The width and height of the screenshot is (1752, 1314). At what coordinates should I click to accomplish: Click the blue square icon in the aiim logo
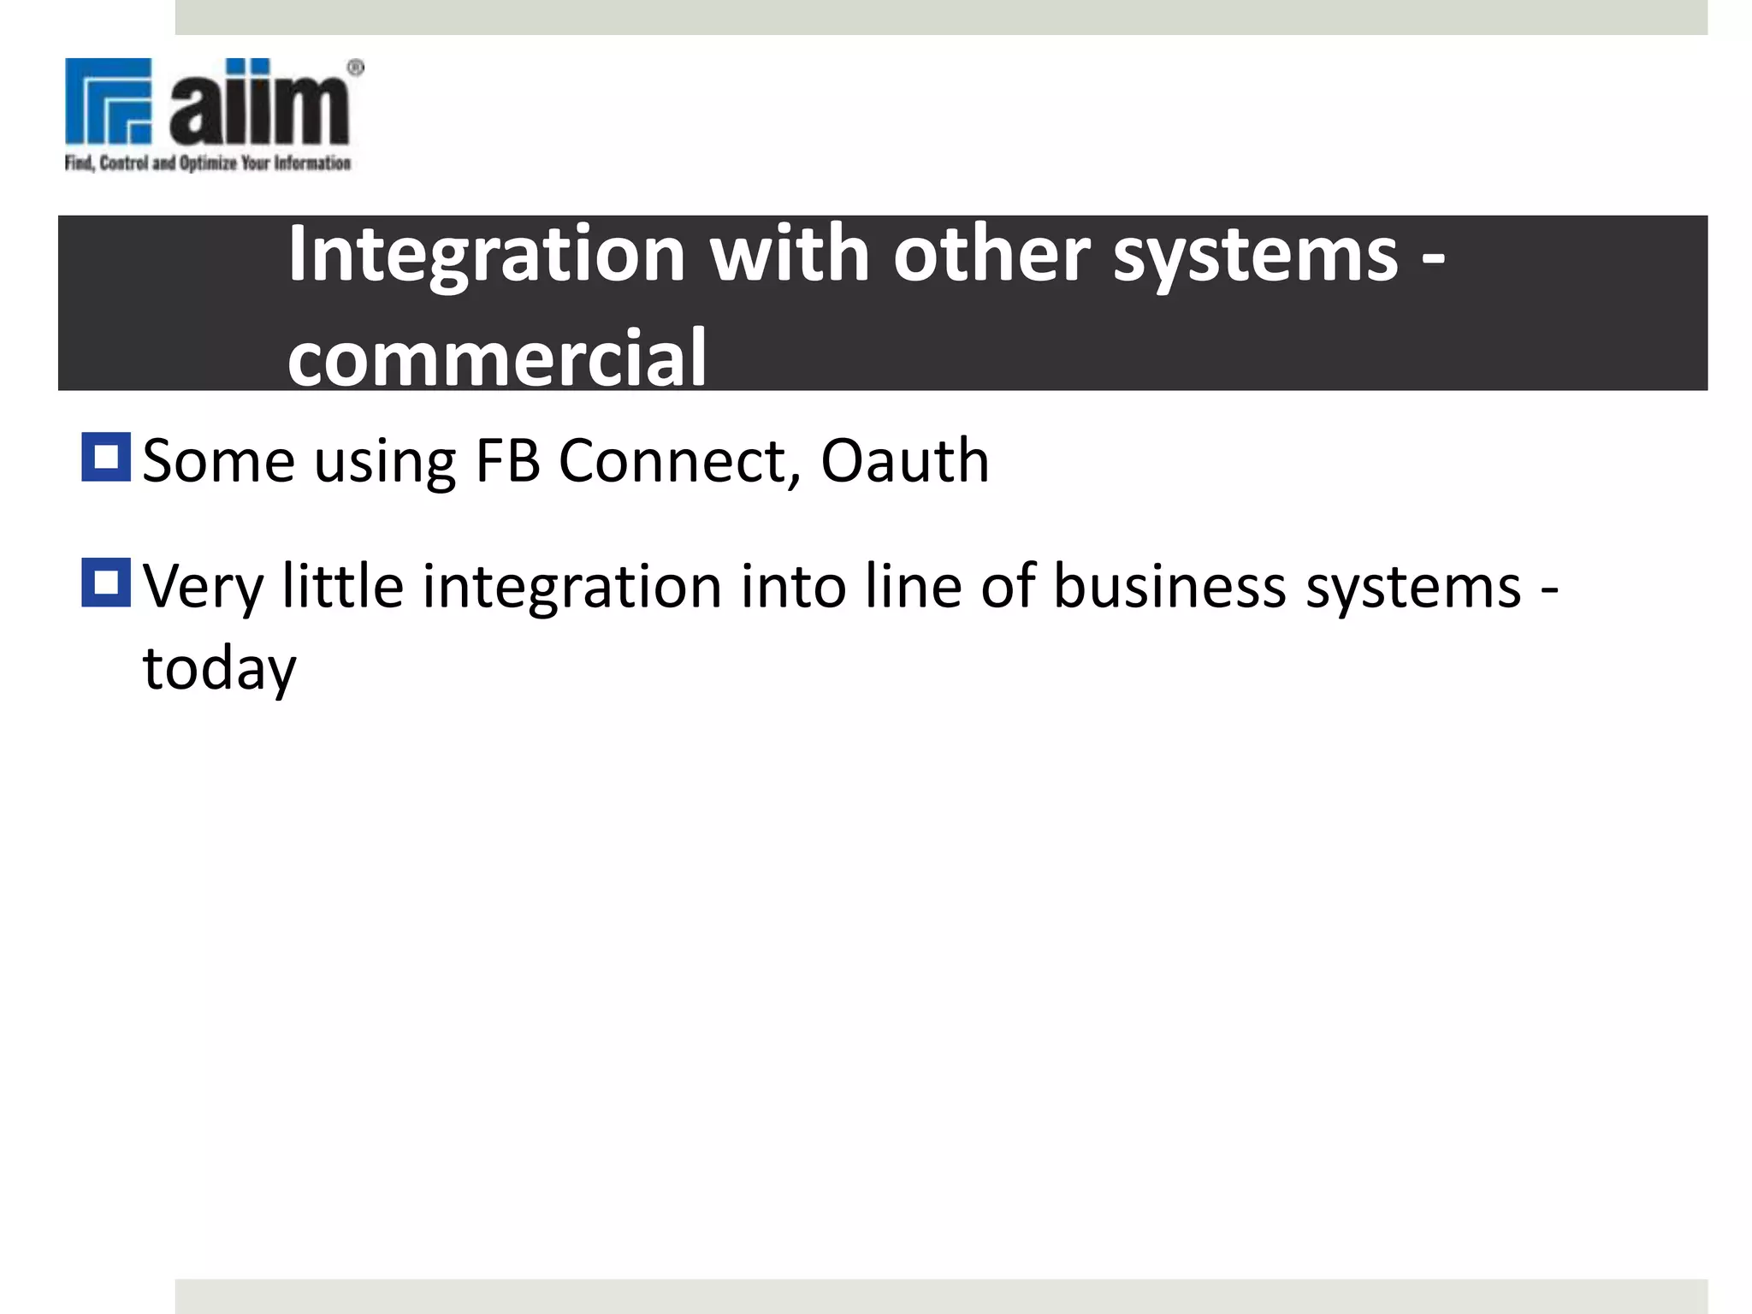pyautogui.click(x=109, y=101)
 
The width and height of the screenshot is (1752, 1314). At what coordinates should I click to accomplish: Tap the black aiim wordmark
pyautogui.click(x=259, y=104)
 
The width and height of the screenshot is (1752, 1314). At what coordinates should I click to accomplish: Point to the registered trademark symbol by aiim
pyautogui.click(x=356, y=68)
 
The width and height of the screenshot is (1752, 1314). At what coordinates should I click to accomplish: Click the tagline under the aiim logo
pyautogui.click(x=208, y=163)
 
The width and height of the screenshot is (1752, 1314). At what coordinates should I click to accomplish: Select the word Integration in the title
pyautogui.click(x=486, y=254)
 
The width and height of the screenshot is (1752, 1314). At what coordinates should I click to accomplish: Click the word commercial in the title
pyautogui.click(x=497, y=358)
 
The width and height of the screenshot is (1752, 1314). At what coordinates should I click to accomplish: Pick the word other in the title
pyautogui.click(x=991, y=254)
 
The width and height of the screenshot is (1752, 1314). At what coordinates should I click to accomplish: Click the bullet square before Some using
pyautogui.click(x=106, y=458)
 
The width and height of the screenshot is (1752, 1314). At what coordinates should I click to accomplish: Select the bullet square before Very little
pyautogui.click(x=106, y=583)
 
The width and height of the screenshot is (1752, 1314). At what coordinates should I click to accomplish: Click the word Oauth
pyautogui.click(x=904, y=461)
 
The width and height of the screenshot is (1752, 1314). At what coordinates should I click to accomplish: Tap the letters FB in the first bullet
pyautogui.click(x=507, y=461)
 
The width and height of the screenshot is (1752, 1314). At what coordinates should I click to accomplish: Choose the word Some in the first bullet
pyautogui.click(x=218, y=461)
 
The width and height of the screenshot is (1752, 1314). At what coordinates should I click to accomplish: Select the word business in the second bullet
pyautogui.click(x=1169, y=587)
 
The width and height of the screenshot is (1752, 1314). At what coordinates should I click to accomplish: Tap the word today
pyautogui.click(x=219, y=670)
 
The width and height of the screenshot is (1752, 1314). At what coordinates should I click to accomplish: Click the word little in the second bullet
pyautogui.click(x=343, y=587)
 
